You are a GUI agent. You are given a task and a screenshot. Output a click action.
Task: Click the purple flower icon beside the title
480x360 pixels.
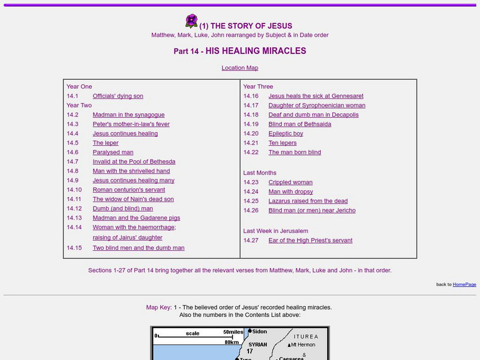coord(191,22)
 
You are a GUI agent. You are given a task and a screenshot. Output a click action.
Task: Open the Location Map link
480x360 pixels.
coord(240,68)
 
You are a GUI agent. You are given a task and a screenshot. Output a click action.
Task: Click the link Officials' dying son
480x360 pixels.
coord(118,96)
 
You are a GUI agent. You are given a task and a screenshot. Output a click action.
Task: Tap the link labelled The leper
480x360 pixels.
coord(106,143)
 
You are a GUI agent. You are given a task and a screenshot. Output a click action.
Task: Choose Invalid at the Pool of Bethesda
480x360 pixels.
coord(134,161)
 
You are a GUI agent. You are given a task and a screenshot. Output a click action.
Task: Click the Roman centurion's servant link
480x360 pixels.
coord(128,190)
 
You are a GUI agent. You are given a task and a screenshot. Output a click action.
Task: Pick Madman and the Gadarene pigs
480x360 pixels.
coord(136,218)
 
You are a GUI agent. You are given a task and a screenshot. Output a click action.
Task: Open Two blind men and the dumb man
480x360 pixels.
coord(139,248)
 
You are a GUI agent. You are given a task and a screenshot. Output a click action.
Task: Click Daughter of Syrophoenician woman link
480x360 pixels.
coord(317,106)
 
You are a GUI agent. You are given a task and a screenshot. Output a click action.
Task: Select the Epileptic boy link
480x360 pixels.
coord(286,134)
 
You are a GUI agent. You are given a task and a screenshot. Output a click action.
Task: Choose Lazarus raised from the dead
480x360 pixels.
coord(308,201)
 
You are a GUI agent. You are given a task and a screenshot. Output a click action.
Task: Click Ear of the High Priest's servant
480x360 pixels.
coord(310,241)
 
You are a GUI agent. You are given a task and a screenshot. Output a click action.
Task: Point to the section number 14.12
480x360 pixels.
coord(74,208)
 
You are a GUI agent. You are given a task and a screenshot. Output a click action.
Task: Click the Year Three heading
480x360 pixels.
coord(258,86)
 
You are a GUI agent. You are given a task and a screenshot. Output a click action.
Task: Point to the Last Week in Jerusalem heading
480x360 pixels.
coord(275,231)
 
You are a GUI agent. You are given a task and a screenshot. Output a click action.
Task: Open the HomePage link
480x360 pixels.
coord(464,284)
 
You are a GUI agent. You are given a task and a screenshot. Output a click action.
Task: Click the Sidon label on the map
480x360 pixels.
coord(260,332)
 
